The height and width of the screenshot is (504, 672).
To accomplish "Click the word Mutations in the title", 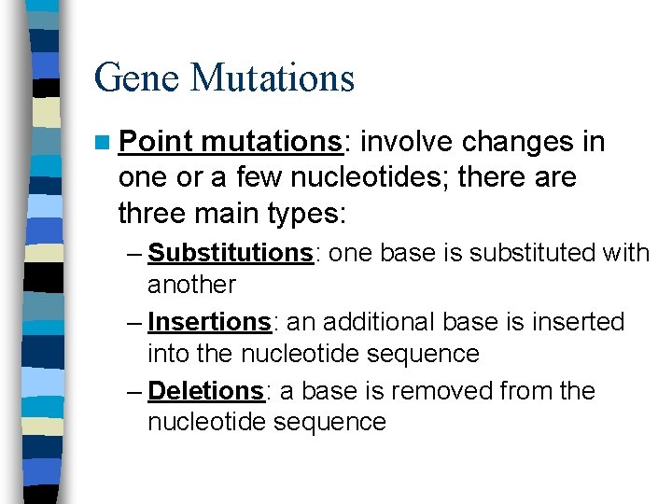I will pyautogui.click(x=273, y=77).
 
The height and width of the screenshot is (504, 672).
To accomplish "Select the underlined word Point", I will pyautogui.click(x=156, y=142).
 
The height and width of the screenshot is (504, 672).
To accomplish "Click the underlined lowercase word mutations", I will pyautogui.click(x=271, y=142).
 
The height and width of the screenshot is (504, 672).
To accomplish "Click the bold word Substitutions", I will pyautogui.click(x=230, y=253).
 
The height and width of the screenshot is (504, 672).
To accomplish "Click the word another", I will pyautogui.click(x=191, y=284).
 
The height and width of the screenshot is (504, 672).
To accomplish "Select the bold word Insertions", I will pyautogui.click(x=209, y=322).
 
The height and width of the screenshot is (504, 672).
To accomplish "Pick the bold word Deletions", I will pyautogui.click(x=206, y=390).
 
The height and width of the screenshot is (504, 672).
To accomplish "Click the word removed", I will pyautogui.click(x=440, y=390).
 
